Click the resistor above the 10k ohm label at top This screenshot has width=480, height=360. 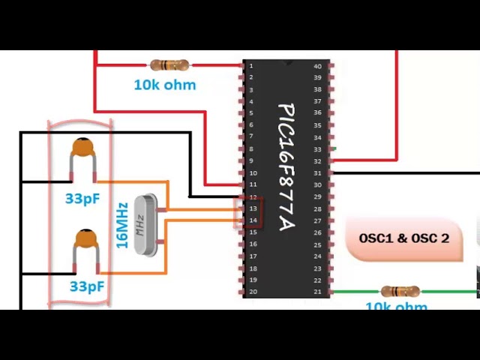click(169, 65)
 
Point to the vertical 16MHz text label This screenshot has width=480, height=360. click(122, 225)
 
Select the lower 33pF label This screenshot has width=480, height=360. click(87, 286)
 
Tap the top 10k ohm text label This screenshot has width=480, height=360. click(164, 85)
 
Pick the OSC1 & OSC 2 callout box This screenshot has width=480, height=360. click(403, 238)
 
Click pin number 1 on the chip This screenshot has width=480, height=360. click(251, 66)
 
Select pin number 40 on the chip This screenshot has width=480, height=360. click(317, 66)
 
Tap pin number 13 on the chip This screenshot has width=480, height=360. click(253, 208)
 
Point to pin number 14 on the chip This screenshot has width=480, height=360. click(253, 220)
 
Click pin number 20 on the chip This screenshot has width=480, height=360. click(253, 292)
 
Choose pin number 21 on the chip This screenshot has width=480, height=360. click(317, 292)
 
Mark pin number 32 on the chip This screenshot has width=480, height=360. click(317, 161)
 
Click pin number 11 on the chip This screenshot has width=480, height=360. click(253, 184)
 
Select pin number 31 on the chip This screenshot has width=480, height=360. click(317, 173)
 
